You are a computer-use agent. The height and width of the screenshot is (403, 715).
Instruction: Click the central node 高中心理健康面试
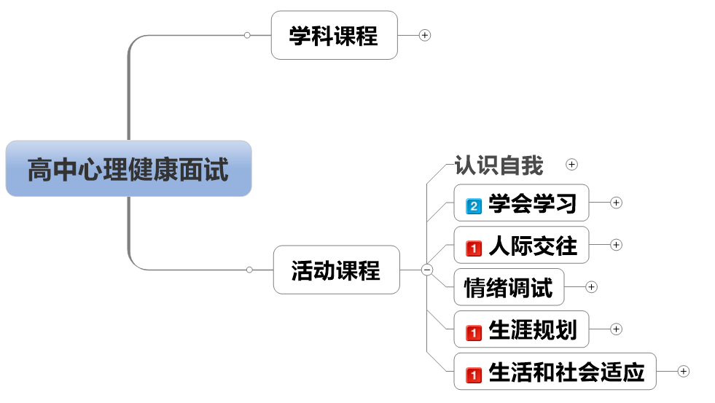click(128, 169)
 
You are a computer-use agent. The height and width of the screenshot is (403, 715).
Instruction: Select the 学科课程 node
click(334, 35)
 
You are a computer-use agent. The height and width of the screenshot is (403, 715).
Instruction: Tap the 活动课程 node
click(336, 270)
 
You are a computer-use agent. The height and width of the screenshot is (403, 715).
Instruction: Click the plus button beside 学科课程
click(425, 35)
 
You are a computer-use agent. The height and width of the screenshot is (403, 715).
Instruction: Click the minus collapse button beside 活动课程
click(427, 270)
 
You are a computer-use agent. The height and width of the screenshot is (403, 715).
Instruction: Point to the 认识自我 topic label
click(499, 165)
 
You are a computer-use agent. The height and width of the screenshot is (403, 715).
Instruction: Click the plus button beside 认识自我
click(571, 165)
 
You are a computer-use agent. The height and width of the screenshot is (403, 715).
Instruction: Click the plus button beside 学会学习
click(616, 203)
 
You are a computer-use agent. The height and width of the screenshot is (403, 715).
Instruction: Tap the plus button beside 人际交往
click(616, 245)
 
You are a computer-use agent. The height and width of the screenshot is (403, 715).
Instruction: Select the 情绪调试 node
click(509, 287)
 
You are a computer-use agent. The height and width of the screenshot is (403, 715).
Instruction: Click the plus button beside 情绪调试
click(591, 287)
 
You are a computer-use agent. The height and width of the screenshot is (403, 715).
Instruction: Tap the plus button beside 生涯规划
click(616, 329)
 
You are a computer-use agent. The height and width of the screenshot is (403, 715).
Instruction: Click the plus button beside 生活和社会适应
click(683, 371)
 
